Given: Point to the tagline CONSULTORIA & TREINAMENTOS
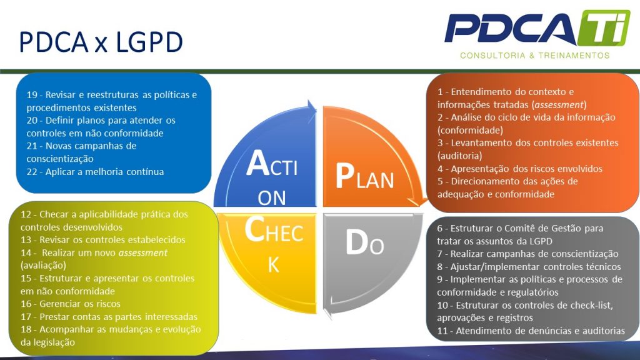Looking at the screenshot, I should (x=534, y=56).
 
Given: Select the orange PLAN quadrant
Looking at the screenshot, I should (x=369, y=169).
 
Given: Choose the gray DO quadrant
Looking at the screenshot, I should (x=362, y=250).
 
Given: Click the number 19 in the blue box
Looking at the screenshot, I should (x=32, y=94).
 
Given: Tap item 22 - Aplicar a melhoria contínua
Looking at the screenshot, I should (x=95, y=171).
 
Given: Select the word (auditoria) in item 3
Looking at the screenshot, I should (x=459, y=155).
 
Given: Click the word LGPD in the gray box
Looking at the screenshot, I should (x=541, y=241).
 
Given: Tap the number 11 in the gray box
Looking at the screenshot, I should (x=442, y=331).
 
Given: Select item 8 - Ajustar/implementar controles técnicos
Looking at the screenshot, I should (x=527, y=266).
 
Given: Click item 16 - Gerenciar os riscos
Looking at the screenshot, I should (x=70, y=304).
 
